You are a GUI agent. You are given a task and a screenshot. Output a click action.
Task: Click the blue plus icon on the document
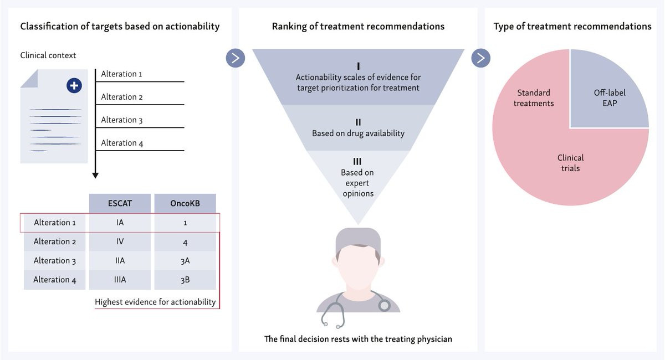click(x=74, y=86)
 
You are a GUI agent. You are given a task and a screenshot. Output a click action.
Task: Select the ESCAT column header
click(x=120, y=203)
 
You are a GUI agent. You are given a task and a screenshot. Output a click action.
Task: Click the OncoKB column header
click(x=185, y=203)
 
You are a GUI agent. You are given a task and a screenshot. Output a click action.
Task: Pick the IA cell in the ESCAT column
click(x=120, y=223)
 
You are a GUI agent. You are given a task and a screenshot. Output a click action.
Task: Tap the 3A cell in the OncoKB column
click(x=185, y=261)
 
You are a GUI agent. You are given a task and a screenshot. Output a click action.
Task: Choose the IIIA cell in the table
click(x=120, y=280)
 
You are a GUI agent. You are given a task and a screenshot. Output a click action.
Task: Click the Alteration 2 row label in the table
click(x=55, y=241)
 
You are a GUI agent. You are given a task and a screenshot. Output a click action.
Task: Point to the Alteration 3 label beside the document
click(x=122, y=120)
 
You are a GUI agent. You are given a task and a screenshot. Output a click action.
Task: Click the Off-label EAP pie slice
click(x=610, y=96)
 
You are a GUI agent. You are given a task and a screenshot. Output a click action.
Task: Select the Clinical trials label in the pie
click(x=570, y=162)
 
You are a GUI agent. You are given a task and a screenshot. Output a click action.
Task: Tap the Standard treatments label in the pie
click(x=534, y=97)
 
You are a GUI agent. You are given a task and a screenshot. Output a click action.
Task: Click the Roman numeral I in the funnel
click(x=358, y=65)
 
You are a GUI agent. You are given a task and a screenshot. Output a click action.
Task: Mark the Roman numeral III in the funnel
click(x=357, y=162)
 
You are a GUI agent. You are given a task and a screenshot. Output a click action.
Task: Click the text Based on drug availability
click(x=358, y=133)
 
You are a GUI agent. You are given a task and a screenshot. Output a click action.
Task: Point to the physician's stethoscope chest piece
click(x=384, y=305)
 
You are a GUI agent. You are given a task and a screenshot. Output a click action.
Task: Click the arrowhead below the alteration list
click(x=95, y=175)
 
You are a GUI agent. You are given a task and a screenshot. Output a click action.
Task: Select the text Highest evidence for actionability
click(x=155, y=302)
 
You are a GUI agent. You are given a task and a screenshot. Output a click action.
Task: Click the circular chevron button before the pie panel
click(x=481, y=58)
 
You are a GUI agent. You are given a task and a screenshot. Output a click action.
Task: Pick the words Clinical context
click(x=48, y=55)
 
